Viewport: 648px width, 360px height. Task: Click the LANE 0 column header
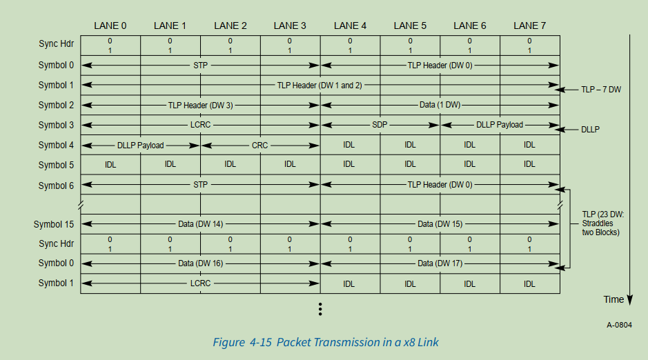[110, 26]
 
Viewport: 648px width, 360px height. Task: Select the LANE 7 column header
[529, 26]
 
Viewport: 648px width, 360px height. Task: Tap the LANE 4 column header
[350, 26]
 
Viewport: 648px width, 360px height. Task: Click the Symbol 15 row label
[54, 224]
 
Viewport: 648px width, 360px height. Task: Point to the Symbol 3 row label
[56, 125]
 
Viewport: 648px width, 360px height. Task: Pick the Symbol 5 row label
[56, 165]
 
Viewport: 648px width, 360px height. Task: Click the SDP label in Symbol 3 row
[380, 125]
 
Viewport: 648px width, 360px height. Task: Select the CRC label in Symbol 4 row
[259, 146]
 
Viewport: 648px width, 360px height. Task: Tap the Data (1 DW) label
[440, 105]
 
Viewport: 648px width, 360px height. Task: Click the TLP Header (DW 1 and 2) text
[320, 85]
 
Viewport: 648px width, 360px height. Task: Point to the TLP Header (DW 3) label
[200, 105]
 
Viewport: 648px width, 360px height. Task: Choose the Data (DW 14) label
[200, 224]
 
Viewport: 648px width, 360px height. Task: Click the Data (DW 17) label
[440, 263]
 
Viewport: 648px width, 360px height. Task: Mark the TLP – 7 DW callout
[601, 89]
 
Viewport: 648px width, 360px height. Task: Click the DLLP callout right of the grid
[590, 129]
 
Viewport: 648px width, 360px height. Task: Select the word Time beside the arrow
[613, 299]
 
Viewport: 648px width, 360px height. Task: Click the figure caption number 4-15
[261, 342]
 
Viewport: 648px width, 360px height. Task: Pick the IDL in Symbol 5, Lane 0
[110, 165]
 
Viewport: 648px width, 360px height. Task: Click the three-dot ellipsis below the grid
[320, 309]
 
